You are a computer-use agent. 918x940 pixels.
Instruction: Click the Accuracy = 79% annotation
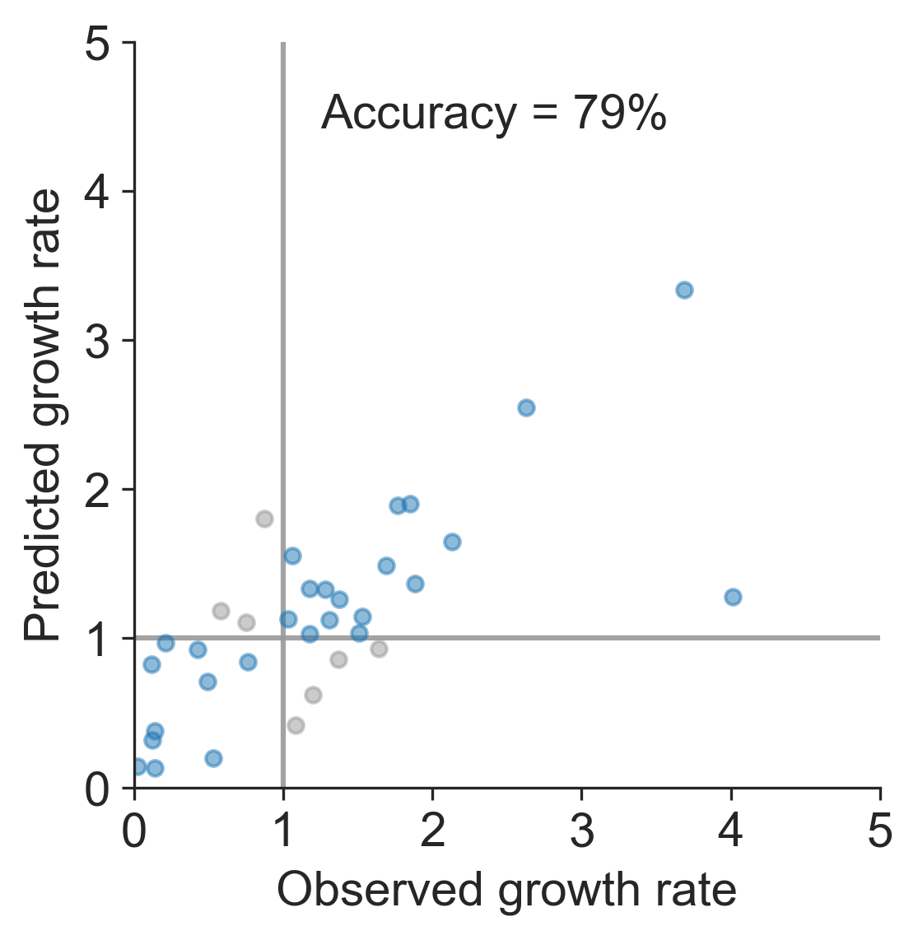[x=492, y=114]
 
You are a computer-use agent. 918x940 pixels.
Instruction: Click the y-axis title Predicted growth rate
[x=43, y=415]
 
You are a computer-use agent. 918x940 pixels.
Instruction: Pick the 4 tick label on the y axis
[x=98, y=192]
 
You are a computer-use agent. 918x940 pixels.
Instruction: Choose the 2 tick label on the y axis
[x=98, y=490]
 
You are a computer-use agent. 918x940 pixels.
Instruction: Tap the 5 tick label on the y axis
[x=98, y=44]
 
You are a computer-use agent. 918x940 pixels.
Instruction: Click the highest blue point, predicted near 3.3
[x=684, y=290]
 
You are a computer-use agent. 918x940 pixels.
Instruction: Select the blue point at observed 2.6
[x=526, y=407]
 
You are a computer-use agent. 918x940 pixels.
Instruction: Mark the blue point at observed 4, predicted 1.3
[x=733, y=597]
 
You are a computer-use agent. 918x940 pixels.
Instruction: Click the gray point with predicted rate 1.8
[x=264, y=519]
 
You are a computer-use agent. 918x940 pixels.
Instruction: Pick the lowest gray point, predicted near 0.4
[x=296, y=725]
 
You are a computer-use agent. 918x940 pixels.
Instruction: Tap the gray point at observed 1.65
[x=379, y=649]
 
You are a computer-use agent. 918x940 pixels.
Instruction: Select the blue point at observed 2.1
[x=452, y=542]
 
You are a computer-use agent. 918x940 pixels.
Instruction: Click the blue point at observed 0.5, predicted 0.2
[x=213, y=758]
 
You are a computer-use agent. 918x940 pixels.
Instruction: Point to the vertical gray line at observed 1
[x=283, y=329]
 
